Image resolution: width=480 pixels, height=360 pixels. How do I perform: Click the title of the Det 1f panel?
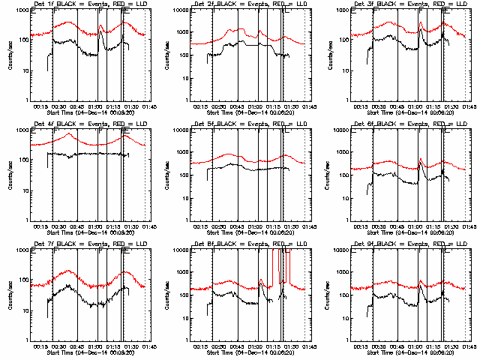coord(82,6)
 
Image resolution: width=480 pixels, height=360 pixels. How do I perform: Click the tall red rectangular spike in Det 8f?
coord(285,266)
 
